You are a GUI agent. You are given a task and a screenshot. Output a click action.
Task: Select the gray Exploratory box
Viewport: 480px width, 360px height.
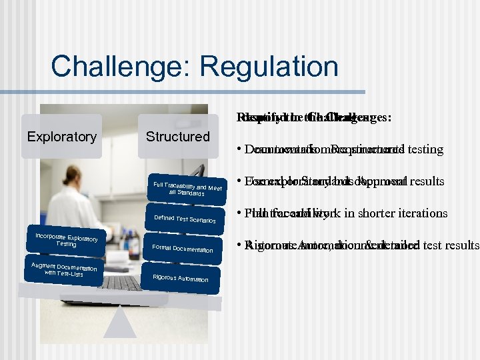point(61,137)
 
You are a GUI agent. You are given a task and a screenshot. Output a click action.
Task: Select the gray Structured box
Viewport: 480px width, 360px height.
point(177,137)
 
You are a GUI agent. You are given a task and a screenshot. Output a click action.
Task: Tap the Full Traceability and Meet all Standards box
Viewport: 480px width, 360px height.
point(187,189)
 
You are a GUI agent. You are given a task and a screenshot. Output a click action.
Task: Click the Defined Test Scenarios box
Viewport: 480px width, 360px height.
point(185,219)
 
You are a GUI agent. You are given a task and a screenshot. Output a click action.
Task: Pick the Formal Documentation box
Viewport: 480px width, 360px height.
point(183,249)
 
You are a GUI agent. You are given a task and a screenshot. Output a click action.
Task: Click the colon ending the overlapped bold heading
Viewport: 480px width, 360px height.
point(389,118)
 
